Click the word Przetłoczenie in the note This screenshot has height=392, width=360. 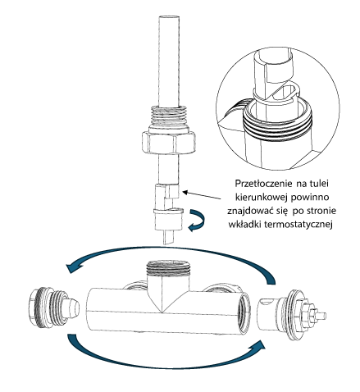(x=263, y=184)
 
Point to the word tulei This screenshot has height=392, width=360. (x=318, y=184)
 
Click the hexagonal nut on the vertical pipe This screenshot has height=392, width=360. (x=169, y=142)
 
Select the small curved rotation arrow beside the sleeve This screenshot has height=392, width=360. (x=196, y=221)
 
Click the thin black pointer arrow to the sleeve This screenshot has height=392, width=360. (x=202, y=195)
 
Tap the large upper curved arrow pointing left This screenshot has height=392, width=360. (x=171, y=257)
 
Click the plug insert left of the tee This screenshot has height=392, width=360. (x=53, y=308)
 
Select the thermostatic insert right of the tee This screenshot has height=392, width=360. (x=292, y=312)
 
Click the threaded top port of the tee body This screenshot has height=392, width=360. (x=167, y=268)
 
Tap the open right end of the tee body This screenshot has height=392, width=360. (x=244, y=312)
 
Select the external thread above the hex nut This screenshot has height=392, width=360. (x=169, y=117)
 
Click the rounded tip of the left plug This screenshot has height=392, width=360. (x=73, y=308)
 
